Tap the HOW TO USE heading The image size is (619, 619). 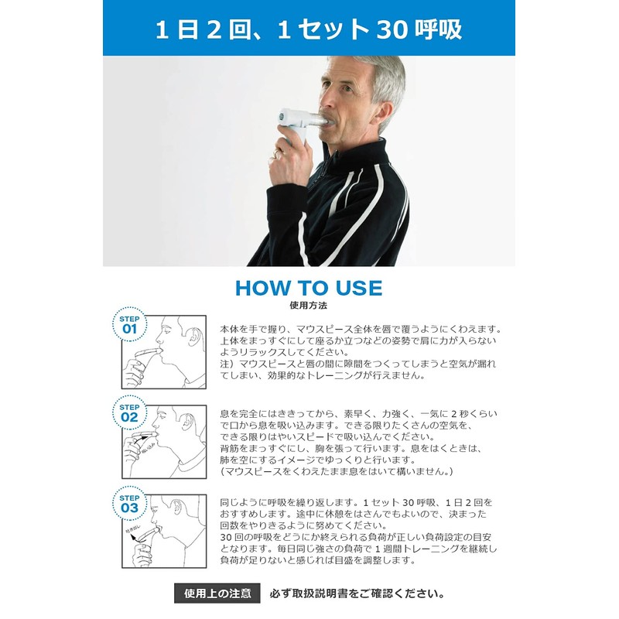click(x=309, y=288)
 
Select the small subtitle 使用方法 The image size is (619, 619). click(x=308, y=306)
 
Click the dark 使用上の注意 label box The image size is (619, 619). click(x=217, y=593)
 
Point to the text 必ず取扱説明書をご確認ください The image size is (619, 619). click(x=357, y=594)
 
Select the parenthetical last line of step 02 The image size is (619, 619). click(x=337, y=470)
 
